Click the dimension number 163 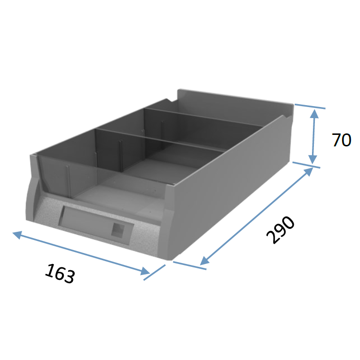coord(60,274)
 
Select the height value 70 coord(341,140)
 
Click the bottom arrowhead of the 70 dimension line coord(313,159)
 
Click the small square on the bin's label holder coord(118,230)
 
